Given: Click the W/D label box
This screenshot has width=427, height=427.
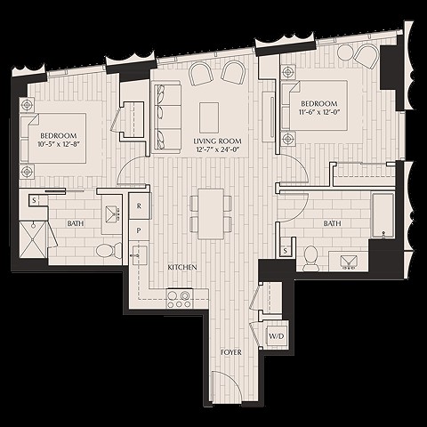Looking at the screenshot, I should pyautogui.click(x=277, y=335).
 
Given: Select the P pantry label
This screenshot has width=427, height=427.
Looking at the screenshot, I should pyautogui.click(x=139, y=230).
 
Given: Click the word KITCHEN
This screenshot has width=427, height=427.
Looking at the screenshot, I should pyautogui.click(x=182, y=267).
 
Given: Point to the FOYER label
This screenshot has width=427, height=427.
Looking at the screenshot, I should pyautogui.click(x=230, y=353).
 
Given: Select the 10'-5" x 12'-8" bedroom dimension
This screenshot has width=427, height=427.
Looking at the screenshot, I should pyautogui.click(x=60, y=145).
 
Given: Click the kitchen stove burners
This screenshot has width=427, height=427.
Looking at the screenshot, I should pyautogui.click(x=180, y=299).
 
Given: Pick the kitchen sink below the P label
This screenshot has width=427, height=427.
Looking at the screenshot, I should pyautogui.click(x=139, y=256).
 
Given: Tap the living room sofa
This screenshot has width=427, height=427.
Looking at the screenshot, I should pyautogui.click(x=165, y=114).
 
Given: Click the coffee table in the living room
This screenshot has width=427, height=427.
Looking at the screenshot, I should pyautogui.click(x=210, y=116).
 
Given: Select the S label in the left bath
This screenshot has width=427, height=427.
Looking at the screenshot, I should pyautogui.click(x=34, y=200).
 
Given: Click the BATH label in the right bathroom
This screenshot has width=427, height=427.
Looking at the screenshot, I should pyautogui.click(x=332, y=223).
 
